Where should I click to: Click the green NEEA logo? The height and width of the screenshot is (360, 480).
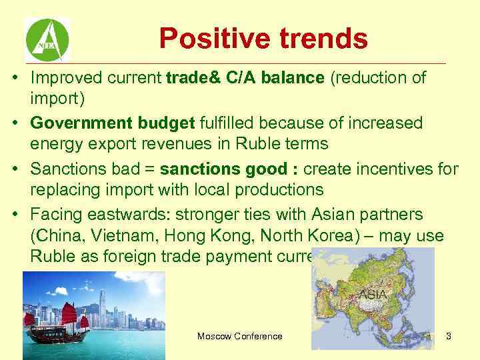47,40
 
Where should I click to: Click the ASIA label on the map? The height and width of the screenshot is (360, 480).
375,294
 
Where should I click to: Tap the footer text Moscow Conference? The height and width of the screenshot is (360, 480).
239,336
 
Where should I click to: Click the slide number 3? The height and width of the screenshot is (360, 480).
448,336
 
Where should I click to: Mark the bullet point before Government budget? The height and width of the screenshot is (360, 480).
14,124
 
